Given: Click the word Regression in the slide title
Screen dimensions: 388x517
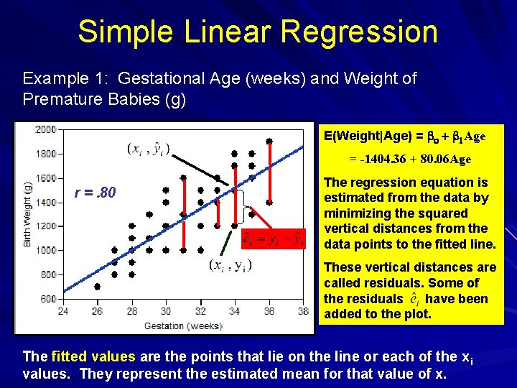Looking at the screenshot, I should point(359,32).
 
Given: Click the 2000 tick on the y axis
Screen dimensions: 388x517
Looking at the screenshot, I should point(46,129).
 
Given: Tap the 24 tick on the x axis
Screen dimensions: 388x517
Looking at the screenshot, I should point(63,311).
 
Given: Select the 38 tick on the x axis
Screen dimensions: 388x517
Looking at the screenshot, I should point(303,311).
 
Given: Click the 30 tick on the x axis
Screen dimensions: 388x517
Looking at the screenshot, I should point(166,311).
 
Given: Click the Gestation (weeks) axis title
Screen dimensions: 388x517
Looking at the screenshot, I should point(183,325).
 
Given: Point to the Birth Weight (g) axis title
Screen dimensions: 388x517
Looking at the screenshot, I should point(28,214).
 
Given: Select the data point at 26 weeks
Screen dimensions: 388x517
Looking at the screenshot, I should point(98,286).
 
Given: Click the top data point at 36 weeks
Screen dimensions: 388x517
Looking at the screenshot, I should point(269,142).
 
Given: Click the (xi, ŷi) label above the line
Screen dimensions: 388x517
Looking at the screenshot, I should point(149,149).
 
